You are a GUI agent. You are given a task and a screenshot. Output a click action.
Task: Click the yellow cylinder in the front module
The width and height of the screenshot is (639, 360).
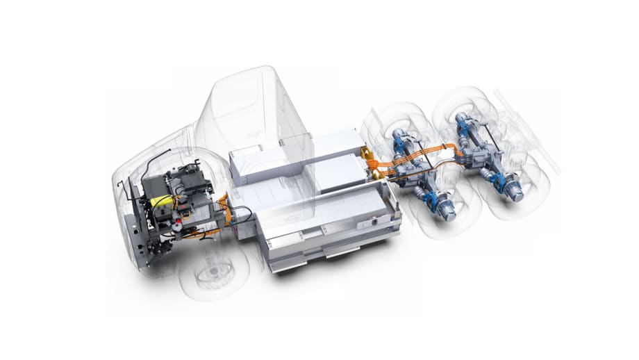pyautogui.click(x=159, y=201)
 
